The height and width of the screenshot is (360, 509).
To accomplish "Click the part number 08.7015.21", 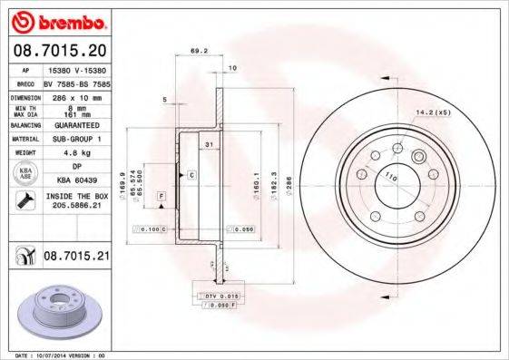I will coord(76,258).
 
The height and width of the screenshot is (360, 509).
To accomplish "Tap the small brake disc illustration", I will coord(60,313).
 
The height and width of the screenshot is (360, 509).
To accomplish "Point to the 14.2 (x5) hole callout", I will coord(433,112).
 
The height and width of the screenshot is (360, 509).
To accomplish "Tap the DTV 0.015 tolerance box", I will coord(216,297).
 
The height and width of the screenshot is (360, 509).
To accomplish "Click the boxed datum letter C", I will coord(191,173).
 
